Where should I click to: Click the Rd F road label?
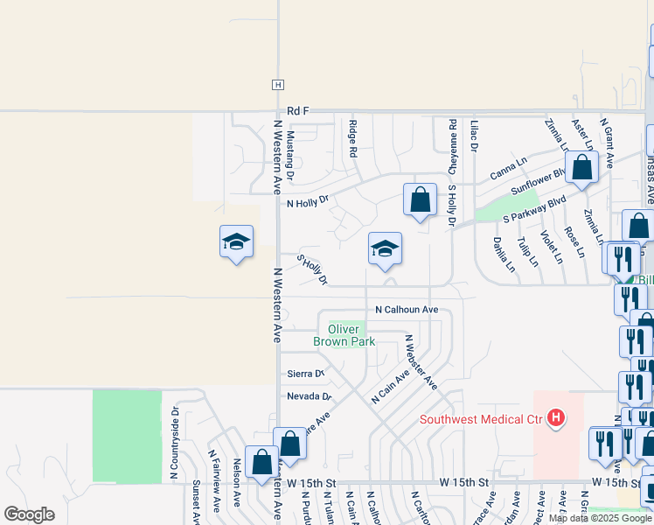point(298,111)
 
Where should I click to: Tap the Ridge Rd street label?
point(353,138)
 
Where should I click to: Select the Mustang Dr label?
point(290,150)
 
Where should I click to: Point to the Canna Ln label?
point(508,170)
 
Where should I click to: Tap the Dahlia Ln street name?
point(499,255)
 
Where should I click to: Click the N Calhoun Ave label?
point(407,310)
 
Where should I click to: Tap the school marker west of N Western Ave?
point(236,242)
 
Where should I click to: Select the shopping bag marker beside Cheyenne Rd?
point(421,199)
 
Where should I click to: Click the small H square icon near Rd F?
point(277,85)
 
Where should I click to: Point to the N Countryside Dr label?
point(175,442)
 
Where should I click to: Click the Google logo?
point(30,514)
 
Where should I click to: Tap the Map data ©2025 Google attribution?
point(600,518)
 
